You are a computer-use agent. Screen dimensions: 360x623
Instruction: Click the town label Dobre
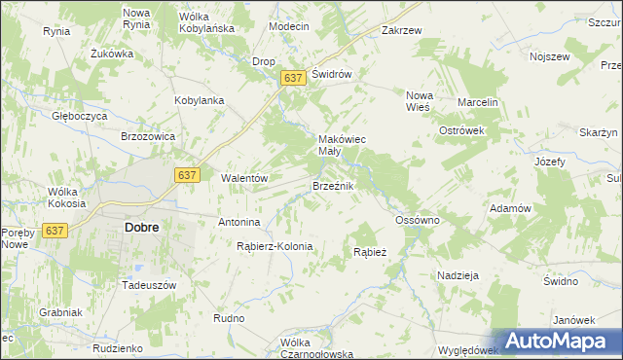pyautogui.click(x=142, y=227)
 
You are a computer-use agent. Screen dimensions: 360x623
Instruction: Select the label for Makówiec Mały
pyautogui.click(x=342, y=145)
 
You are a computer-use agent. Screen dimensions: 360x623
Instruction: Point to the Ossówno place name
pyautogui.click(x=419, y=221)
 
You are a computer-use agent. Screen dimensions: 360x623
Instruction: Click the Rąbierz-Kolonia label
pyautogui.click(x=275, y=246)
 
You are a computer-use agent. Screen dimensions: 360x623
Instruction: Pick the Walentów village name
pyautogui.click(x=244, y=178)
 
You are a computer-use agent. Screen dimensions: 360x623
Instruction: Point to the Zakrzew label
pyautogui.click(x=402, y=30)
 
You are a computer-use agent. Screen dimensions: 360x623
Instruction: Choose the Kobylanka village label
pyautogui.click(x=200, y=100)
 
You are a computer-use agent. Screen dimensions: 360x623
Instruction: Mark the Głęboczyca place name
pyautogui.click(x=80, y=115)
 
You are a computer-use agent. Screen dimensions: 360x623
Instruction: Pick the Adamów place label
pyautogui.click(x=510, y=209)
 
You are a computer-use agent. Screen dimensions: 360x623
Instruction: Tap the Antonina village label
pyautogui.click(x=238, y=222)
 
